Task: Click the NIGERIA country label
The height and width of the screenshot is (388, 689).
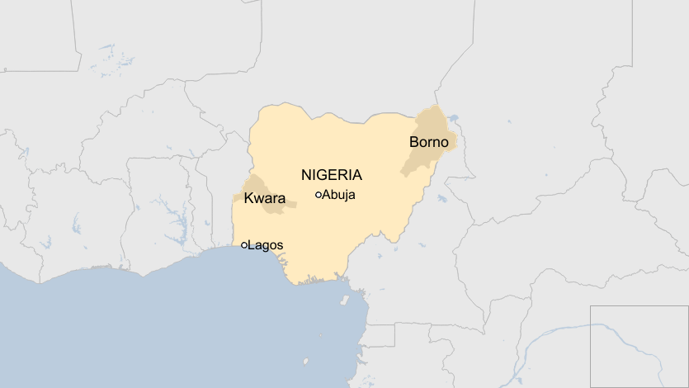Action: pyautogui.click(x=331, y=175)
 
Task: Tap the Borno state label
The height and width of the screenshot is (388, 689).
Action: pyautogui.click(x=428, y=142)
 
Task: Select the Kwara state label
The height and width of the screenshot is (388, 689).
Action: pyautogui.click(x=264, y=199)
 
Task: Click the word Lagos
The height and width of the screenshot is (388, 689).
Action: pyautogui.click(x=266, y=245)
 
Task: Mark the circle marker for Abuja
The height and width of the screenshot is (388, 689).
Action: pyautogui.click(x=319, y=195)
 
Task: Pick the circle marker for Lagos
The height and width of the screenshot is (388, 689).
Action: pyautogui.click(x=244, y=245)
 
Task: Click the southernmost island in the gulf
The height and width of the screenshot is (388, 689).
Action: pyautogui.click(x=305, y=361)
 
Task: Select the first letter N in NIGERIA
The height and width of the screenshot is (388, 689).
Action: pyautogui.click(x=306, y=175)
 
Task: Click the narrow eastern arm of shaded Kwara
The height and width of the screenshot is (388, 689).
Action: pyautogui.click(x=290, y=201)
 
